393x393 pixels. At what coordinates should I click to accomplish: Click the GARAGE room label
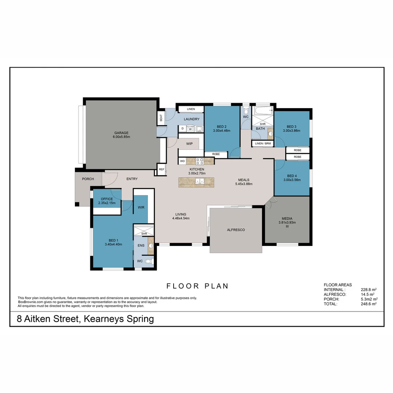coord(121,133)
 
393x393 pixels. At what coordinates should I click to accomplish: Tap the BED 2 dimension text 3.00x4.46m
coord(222,131)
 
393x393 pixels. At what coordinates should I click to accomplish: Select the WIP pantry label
coord(190,144)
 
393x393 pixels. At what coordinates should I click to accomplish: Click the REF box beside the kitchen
coord(162,169)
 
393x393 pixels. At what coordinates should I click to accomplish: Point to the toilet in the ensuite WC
coord(148,261)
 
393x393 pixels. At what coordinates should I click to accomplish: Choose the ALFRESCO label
coord(236,230)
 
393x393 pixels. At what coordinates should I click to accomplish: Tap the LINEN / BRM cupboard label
coord(263,144)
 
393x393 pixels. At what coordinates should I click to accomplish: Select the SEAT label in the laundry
coord(161,118)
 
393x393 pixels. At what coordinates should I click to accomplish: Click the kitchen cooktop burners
coord(200,160)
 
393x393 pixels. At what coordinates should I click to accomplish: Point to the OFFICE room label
coord(107,199)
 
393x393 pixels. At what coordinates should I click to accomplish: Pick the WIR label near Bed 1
coord(141,207)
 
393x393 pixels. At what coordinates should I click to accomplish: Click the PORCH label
coord(88,179)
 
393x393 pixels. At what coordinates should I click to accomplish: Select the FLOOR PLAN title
coord(198,286)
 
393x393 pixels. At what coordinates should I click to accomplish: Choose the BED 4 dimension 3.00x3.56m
coord(292,180)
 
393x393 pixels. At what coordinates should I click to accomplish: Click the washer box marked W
coord(190,129)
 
